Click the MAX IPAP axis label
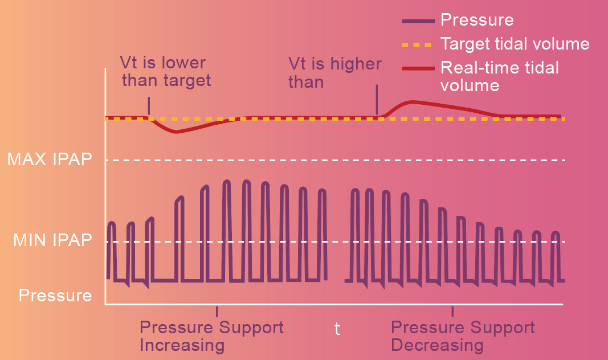(x=49, y=159)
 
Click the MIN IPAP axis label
(x=52, y=240)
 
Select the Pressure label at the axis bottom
(x=55, y=296)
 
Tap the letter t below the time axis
(x=337, y=329)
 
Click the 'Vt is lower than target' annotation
(x=166, y=71)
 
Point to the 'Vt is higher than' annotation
(x=334, y=72)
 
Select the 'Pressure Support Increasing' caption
(x=211, y=336)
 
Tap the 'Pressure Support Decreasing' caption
(x=463, y=336)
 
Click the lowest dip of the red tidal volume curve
(x=176, y=132)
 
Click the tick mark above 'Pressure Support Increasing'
(x=217, y=311)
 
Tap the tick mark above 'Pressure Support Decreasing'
(x=452, y=311)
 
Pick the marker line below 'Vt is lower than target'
(x=149, y=105)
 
